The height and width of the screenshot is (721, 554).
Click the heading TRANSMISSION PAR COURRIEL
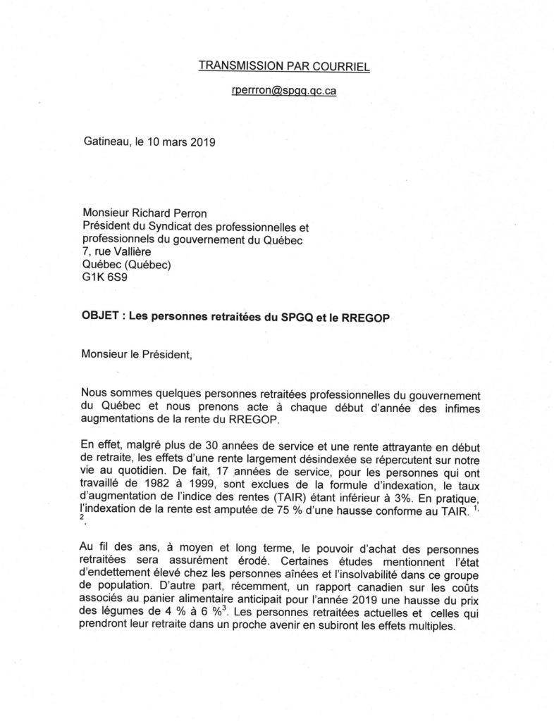285,65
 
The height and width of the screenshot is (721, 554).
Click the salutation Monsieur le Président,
137,355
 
